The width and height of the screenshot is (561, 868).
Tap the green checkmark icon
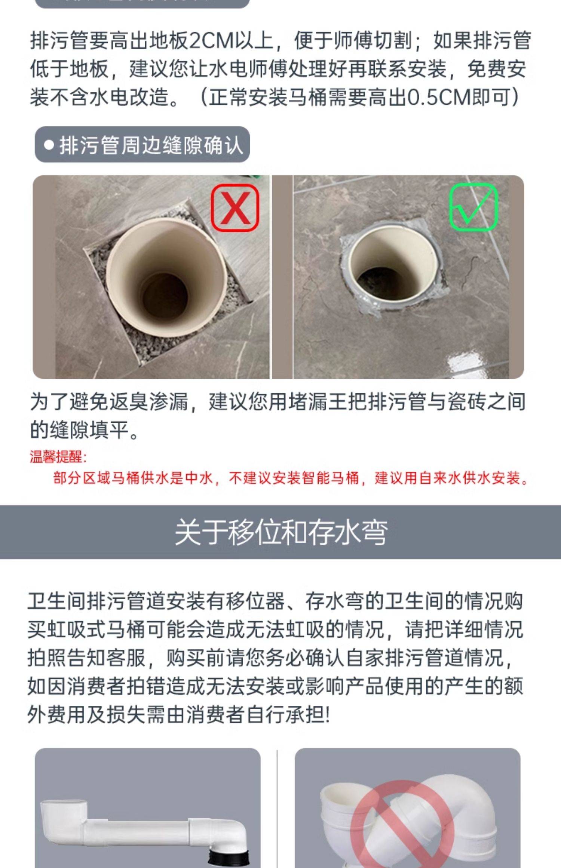tap(473, 206)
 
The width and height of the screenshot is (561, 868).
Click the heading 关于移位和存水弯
tap(281, 532)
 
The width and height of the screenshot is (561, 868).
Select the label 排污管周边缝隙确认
tap(151, 145)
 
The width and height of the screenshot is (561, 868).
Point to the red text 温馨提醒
tap(58, 456)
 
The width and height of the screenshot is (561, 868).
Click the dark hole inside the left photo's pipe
tap(165, 295)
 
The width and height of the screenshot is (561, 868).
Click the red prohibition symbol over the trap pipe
tap(403, 824)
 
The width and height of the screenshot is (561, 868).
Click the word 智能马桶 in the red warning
tap(330, 478)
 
